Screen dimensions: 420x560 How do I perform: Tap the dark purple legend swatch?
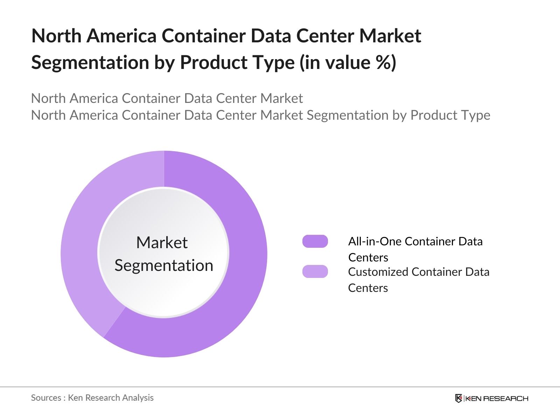point(315,241)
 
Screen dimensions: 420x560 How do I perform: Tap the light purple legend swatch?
point(315,272)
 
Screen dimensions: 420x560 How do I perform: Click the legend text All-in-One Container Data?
point(415,241)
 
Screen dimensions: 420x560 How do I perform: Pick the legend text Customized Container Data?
point(419,272)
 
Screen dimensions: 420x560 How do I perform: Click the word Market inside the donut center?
point(162,243)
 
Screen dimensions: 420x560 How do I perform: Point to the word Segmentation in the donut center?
point(164,265)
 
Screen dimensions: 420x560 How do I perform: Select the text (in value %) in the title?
point(348,63)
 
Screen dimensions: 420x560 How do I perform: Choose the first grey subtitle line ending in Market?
point(167,98)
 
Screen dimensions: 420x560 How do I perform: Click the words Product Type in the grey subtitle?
point(450,115)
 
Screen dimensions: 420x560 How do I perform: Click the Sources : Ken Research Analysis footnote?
point(92,398)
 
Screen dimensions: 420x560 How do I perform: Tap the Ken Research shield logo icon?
point(458,398)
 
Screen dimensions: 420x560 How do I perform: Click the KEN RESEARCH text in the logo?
point(496,398)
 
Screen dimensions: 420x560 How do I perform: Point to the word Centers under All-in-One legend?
point(368,258)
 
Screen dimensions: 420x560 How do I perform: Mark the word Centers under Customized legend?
point(368,288)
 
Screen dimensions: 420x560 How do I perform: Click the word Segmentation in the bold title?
point(90,63)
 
